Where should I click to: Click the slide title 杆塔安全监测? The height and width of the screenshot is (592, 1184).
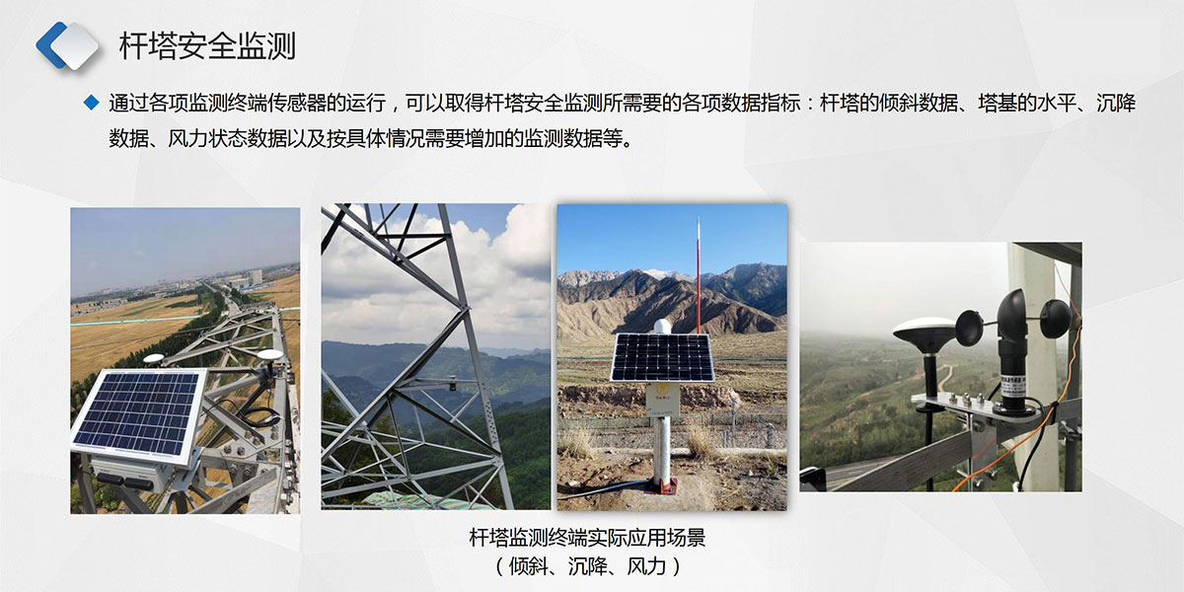(207, 45)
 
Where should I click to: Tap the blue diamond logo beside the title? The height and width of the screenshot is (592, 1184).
(67, 46)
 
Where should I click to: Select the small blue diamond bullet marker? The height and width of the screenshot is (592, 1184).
(92, 102)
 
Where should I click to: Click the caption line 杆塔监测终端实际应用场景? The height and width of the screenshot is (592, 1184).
(587, 538)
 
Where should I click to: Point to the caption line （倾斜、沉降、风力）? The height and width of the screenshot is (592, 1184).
(587, 566)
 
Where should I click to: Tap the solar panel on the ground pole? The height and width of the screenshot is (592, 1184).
(662, 358)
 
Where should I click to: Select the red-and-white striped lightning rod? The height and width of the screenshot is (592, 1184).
(699, 275)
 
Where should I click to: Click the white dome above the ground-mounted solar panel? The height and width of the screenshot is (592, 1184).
(662, 327)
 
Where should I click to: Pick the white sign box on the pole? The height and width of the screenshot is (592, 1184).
(662, 399)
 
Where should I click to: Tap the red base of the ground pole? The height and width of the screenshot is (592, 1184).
(661, 484)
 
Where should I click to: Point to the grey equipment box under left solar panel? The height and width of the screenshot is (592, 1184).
(132, 472)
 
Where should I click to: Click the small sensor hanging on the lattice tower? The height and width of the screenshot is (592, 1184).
(453, 383)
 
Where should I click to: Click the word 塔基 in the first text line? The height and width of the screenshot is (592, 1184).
(997, 103)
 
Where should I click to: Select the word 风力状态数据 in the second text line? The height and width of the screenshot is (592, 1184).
(227, 139)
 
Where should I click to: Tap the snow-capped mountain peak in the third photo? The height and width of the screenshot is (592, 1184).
(662, 274)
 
